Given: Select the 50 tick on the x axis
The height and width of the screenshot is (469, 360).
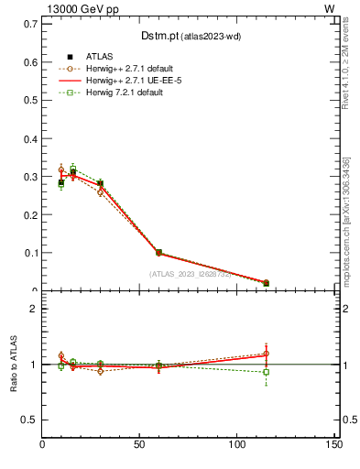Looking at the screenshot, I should [139, 445].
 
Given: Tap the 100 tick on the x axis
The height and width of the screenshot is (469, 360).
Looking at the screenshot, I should [236, 445].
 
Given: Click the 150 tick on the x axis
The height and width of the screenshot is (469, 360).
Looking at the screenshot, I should [333, 445].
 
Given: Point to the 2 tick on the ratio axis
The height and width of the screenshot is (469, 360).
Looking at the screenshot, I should [34, 309].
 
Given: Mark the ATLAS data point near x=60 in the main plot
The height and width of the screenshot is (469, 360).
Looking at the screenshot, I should [158, 252].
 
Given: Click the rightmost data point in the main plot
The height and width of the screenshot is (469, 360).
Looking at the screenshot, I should [266, 283].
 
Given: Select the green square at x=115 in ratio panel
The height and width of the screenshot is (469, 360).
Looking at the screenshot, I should [266, 372].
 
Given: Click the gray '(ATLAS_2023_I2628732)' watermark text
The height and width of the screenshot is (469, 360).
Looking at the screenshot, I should [191, 274].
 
